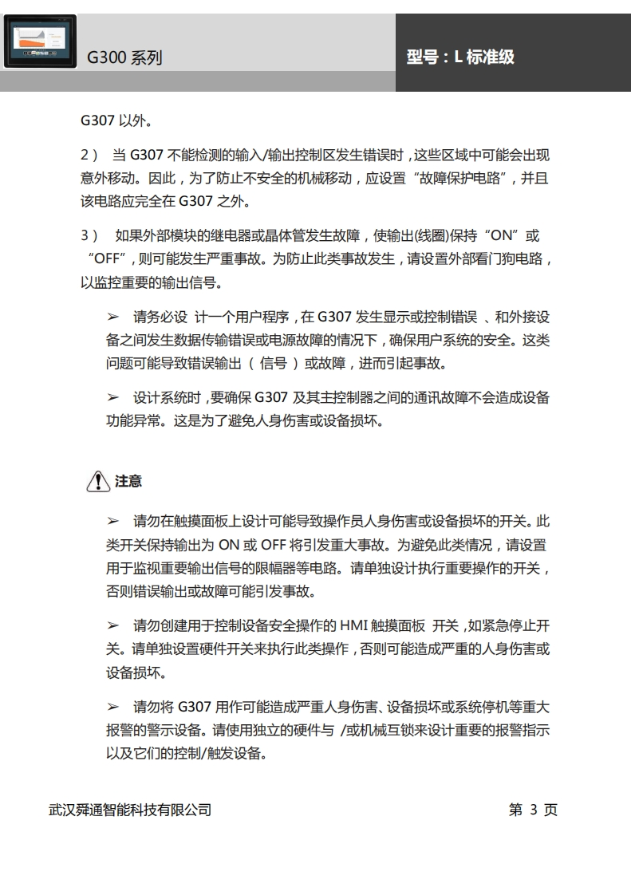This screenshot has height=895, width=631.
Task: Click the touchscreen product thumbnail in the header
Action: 40,41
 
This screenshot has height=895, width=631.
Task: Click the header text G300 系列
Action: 124,57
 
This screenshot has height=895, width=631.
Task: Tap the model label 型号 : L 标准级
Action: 459,57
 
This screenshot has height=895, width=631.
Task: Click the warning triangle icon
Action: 97,481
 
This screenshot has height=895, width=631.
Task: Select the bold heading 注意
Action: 128,481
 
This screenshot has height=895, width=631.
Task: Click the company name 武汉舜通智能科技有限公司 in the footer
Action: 130,810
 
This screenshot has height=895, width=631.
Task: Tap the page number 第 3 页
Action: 533,810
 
